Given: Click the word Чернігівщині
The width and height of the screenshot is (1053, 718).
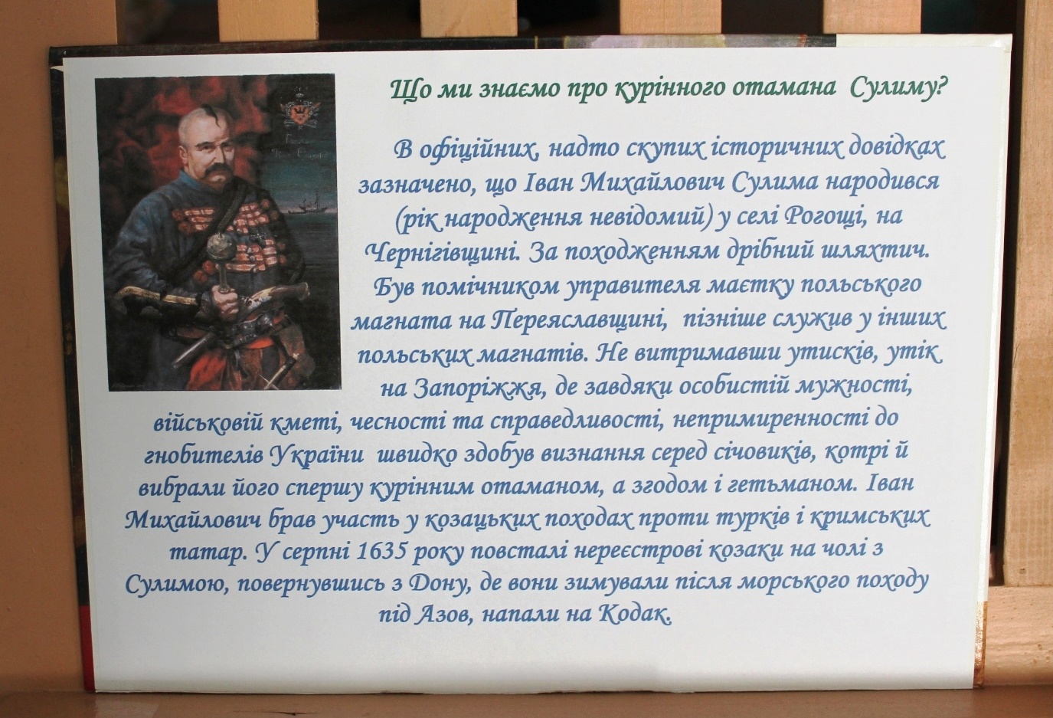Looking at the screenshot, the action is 445,254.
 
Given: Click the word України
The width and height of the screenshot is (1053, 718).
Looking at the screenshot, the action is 317,457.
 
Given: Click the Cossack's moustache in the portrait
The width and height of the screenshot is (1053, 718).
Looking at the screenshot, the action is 216,176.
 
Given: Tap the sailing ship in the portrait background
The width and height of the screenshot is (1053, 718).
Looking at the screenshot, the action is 306,203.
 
